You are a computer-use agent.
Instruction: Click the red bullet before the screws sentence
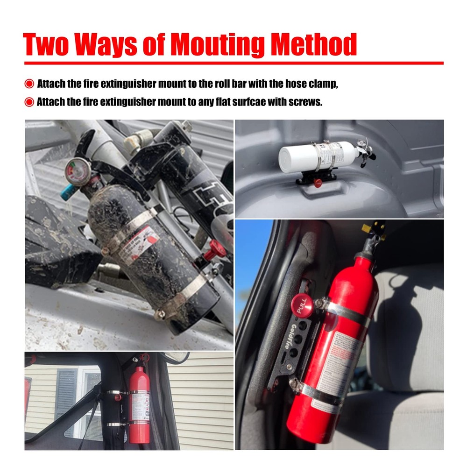pyautogui.click(x=29, y=102)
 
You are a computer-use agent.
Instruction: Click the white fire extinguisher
pyautogui.click(x=318, y=154)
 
